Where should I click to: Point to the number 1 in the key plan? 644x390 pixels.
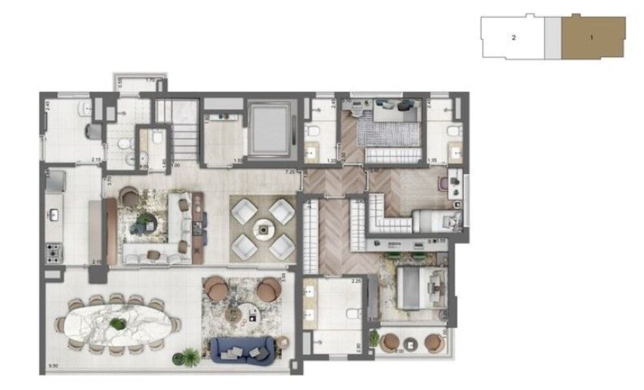(x=591, y=37)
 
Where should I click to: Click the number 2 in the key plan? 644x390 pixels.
(x=513, y=37)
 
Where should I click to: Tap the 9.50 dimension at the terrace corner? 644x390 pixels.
(x=53, y=369)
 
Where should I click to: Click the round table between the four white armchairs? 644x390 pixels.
(x=262, y=228)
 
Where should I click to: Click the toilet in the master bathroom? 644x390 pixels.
(x=352, y=314)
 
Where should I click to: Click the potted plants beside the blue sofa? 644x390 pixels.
(x=190, y=355)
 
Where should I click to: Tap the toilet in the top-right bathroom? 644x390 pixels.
(x=453, y=132)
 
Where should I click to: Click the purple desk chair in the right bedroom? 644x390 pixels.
(x=444, y=184)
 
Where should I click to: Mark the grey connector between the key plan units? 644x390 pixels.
(x=553, y=37)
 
